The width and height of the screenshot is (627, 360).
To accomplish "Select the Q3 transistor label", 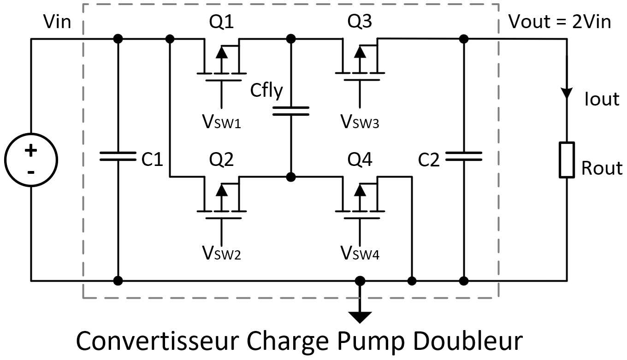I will point(360,22).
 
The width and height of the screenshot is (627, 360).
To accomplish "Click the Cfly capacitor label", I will point(266,91).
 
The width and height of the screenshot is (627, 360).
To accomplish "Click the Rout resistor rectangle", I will point(567,160).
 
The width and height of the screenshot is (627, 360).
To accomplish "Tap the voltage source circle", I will point(31,160).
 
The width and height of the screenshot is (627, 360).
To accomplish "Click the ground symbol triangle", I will point(360,317).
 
